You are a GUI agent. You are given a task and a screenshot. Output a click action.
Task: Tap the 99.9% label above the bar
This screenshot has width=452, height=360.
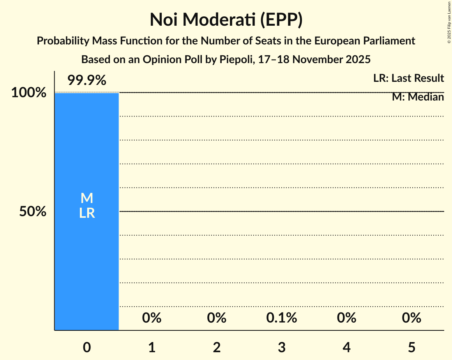[87, 81]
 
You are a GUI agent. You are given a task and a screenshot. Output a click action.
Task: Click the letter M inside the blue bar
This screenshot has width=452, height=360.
[87, 198]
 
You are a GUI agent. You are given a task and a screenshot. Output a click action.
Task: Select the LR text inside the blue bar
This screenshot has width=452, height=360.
[87, 213]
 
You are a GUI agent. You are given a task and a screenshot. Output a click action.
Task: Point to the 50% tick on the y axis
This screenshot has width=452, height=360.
[33, 212]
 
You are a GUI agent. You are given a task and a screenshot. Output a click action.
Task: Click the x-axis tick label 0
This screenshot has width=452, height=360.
[87, 347]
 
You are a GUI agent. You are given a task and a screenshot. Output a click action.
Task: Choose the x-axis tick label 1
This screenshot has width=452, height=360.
[152, 347]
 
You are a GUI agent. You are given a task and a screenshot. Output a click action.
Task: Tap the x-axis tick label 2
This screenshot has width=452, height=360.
[217, 347]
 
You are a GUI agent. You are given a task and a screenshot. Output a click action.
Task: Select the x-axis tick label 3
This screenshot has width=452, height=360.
[282, 347]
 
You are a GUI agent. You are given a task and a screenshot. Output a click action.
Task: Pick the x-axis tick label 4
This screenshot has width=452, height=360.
[346, 347]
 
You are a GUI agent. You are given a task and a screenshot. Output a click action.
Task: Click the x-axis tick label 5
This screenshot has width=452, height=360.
[411, 347]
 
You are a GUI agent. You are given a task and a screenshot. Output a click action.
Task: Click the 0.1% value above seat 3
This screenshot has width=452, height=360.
[282, 318]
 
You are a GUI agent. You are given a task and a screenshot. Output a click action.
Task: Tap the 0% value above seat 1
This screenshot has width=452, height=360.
[152, 318]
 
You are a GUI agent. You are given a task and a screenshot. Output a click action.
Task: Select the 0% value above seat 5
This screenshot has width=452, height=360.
[411, 318]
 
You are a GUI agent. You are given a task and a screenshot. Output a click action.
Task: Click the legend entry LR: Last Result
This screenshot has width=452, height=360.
[408, 78]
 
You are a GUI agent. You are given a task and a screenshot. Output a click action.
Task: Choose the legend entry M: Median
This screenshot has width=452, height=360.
[418, 97]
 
